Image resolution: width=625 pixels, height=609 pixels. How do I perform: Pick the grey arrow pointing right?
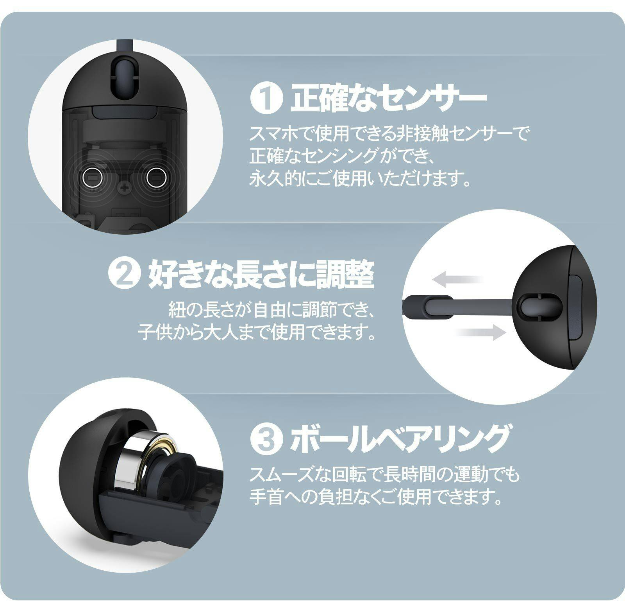481,332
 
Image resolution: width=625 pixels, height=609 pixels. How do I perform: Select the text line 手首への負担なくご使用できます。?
375,497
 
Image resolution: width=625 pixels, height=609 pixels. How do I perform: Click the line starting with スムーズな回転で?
385,475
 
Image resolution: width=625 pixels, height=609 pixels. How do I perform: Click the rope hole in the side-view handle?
534,305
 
